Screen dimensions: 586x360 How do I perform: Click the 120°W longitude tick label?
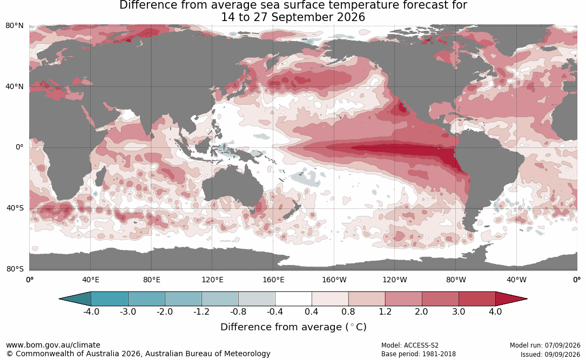click(x=395, y=280)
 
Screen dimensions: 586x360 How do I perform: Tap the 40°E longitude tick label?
click(x=90, y=280)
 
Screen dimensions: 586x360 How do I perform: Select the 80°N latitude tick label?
click(x=14, y=25)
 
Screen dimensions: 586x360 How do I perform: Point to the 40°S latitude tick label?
click(x=15, y=208)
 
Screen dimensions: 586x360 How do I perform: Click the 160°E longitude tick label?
click(x=273, y=280)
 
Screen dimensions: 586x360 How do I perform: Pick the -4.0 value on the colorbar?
click(x=91, y=311)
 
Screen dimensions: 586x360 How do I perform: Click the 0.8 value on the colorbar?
click(x=348, y=311)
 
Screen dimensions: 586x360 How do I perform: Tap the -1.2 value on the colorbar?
click(x=201, y=311)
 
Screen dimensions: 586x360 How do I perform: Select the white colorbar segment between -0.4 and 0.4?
click(x=293, y=299)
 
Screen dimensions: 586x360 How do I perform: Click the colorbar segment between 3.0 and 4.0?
click(x=477, y=299)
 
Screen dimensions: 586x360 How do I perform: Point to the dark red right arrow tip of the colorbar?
click(x=527, y=299)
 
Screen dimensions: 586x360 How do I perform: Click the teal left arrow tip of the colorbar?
click(x=60, y=299)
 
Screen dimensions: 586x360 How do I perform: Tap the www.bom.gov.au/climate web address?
click(x=53, y=345)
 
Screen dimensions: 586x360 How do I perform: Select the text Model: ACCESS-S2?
click(x=410, y=345)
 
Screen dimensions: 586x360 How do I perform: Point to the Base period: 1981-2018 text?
click(x=419, y=354)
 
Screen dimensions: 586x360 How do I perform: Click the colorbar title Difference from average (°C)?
click(x=293, y=327)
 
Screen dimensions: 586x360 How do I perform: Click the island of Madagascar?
click(x=100, y=176)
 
